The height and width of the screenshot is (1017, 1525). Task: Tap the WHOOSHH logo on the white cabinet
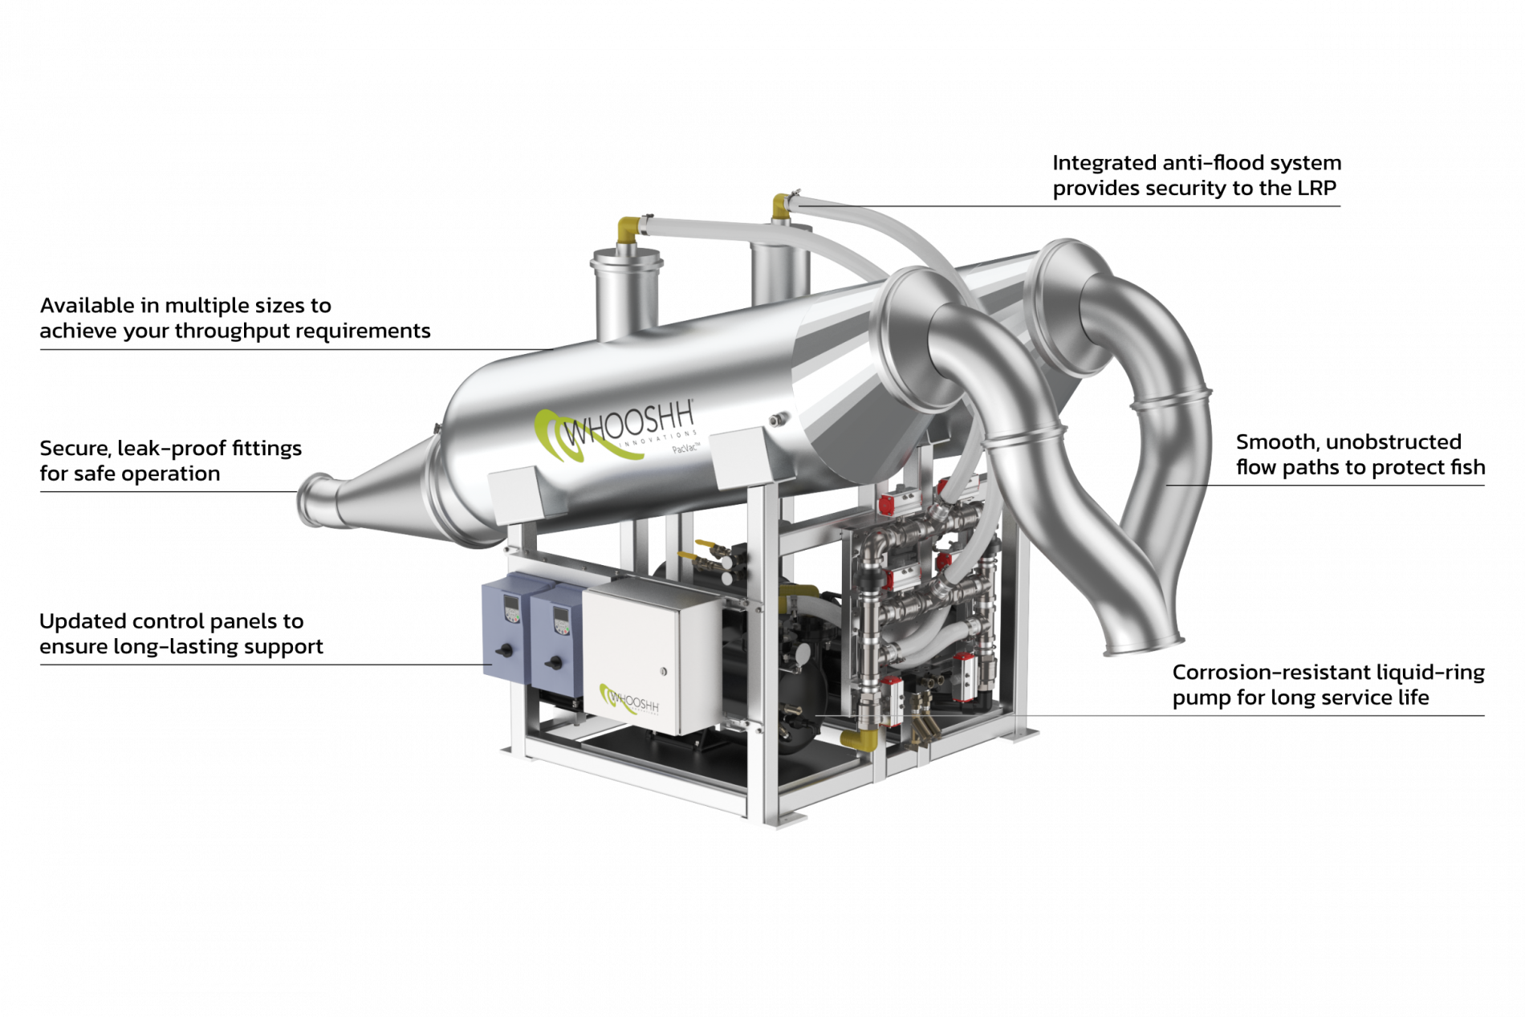629,700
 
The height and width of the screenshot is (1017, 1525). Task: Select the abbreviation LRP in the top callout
1316,189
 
